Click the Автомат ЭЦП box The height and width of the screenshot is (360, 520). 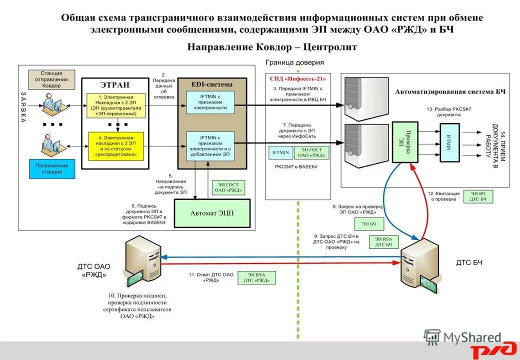[211, 213]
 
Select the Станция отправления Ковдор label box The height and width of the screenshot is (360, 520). [51, 79]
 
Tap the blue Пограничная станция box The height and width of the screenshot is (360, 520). [52, 168]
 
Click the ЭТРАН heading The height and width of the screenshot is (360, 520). [116, 84]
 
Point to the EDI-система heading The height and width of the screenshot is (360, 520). [212, 84]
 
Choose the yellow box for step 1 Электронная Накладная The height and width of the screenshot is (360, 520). [116, 105]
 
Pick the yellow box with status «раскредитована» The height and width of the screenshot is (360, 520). [116, 146]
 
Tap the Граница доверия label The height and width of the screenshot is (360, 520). [294, 62]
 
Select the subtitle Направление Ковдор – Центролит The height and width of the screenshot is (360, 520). [272, 47]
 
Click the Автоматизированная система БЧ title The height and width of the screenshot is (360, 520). [450, 92]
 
